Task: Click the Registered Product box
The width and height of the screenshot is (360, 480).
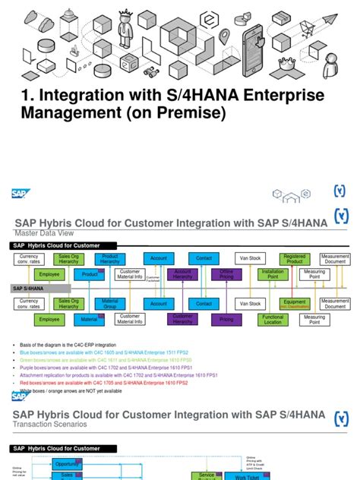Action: [x=293, y=260]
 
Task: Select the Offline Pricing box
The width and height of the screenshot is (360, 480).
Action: [x=226, y=274]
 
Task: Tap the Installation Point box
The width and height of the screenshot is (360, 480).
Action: [x=273, y=274]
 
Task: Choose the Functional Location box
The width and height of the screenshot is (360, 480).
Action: [x=273, y=320]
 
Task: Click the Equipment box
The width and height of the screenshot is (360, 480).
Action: [x=293, y=304]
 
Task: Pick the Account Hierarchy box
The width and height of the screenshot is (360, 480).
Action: [x=183, y=274]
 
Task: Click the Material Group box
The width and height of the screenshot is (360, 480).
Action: [x=110, y=304]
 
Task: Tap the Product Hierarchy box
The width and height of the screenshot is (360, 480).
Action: [x=110, y=260]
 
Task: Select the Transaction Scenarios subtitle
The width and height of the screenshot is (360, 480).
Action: [x=51, y=426]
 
